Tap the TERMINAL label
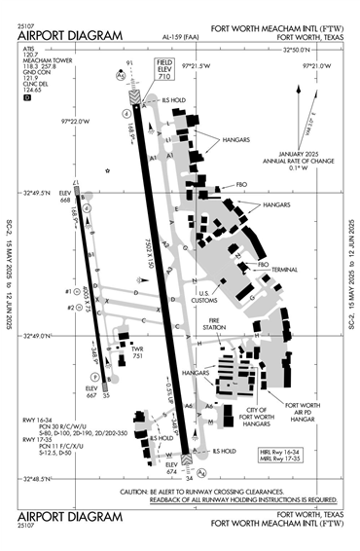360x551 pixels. tap(284, 269)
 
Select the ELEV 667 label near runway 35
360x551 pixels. tap(90, 392)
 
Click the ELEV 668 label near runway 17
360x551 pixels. tap(65, 198)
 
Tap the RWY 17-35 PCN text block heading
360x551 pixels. tap(35, 439)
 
